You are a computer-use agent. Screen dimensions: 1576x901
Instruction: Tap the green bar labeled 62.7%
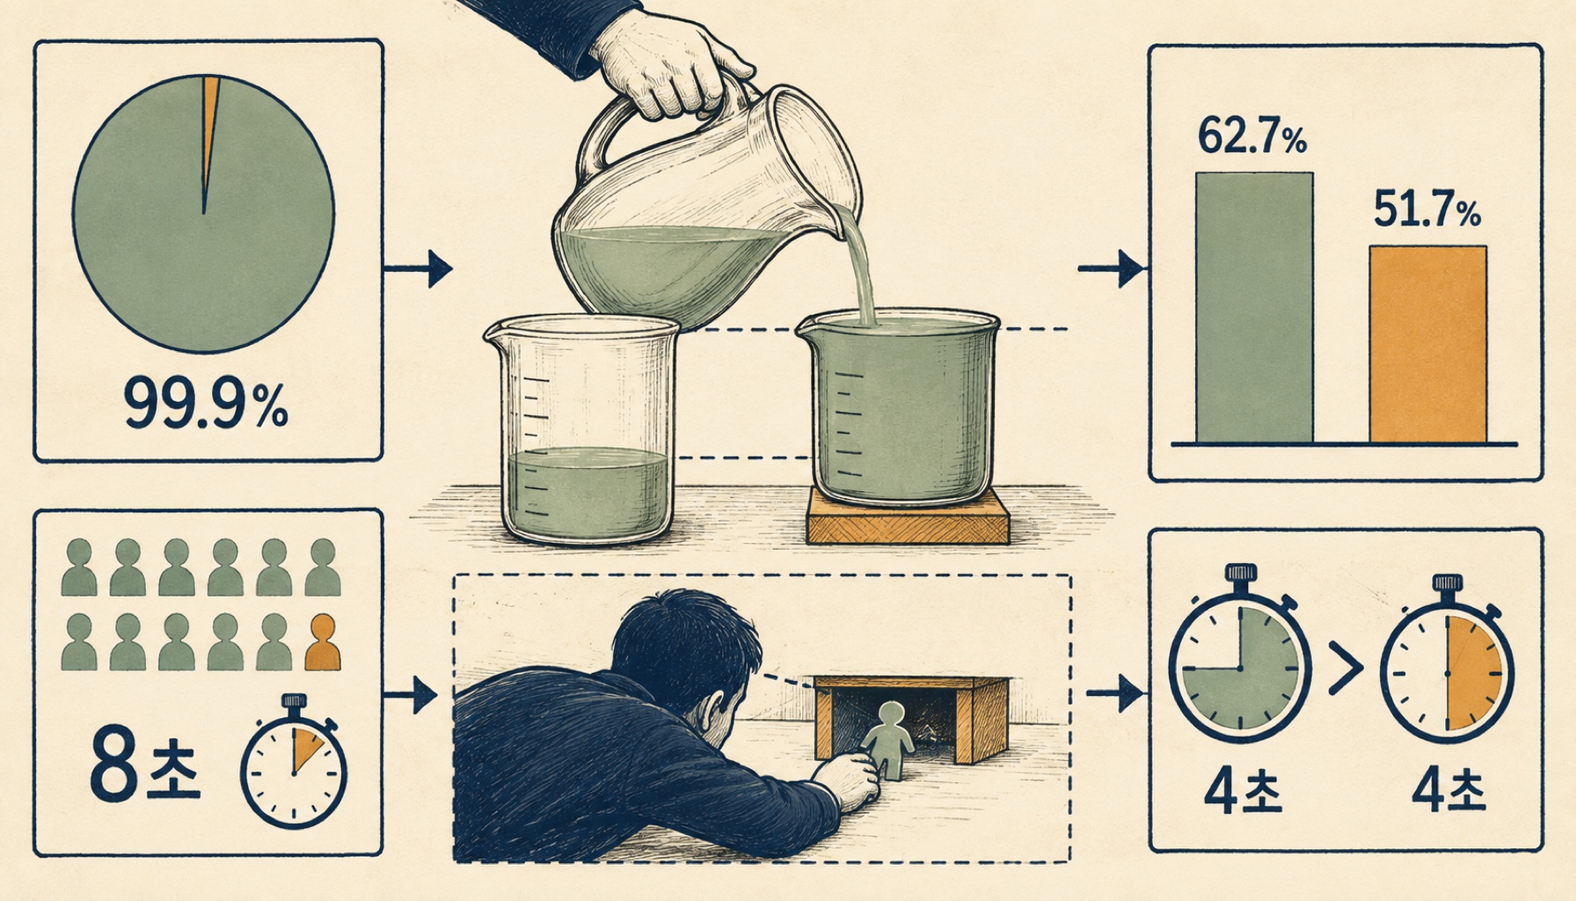pos(1254,307)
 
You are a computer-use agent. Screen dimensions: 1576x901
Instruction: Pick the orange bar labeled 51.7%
pos(1428,344)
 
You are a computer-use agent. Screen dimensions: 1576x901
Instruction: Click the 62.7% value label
pos(1252,137)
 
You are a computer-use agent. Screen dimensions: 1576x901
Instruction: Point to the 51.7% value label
pos(1426,211)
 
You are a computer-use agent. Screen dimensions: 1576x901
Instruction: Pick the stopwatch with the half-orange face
pos(1447,660)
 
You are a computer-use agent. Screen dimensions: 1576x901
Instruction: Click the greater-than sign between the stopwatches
pos(1345,666)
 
